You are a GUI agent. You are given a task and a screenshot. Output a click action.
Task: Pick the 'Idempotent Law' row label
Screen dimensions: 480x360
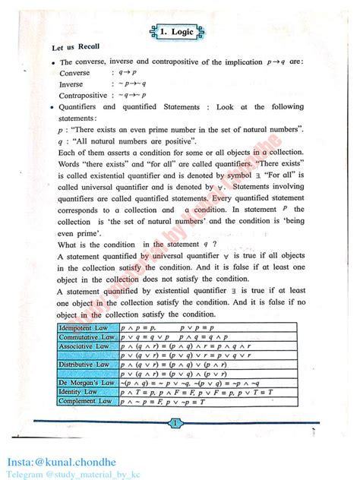pyautogui.click(x=85, y=327)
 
